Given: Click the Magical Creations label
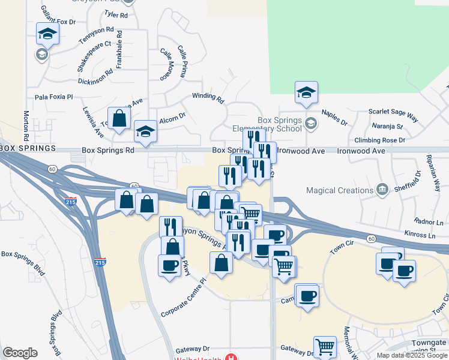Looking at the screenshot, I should pyautogui.click(x=339, y=191).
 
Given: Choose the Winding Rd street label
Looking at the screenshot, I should pyautogui.click(x=208, y=96).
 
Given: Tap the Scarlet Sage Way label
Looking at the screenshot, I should pyautogui.click(x=393, y=112).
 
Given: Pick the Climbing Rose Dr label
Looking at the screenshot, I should pyautogui.click(x=379, y=140).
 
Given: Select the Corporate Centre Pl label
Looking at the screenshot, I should pyautogui.click(x=183, y=298).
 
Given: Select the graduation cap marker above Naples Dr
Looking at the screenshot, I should pyautogui.click(x=306, y=92).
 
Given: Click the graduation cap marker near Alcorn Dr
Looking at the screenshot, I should pyautogui.click(x=145, y=131).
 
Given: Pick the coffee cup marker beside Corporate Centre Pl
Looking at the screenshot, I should pyautogui.click(x=169, y=265).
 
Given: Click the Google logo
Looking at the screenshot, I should pyautogui.click(x=20, y=353).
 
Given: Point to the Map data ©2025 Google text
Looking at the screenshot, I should pyautogui.click(x=412, y=355).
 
